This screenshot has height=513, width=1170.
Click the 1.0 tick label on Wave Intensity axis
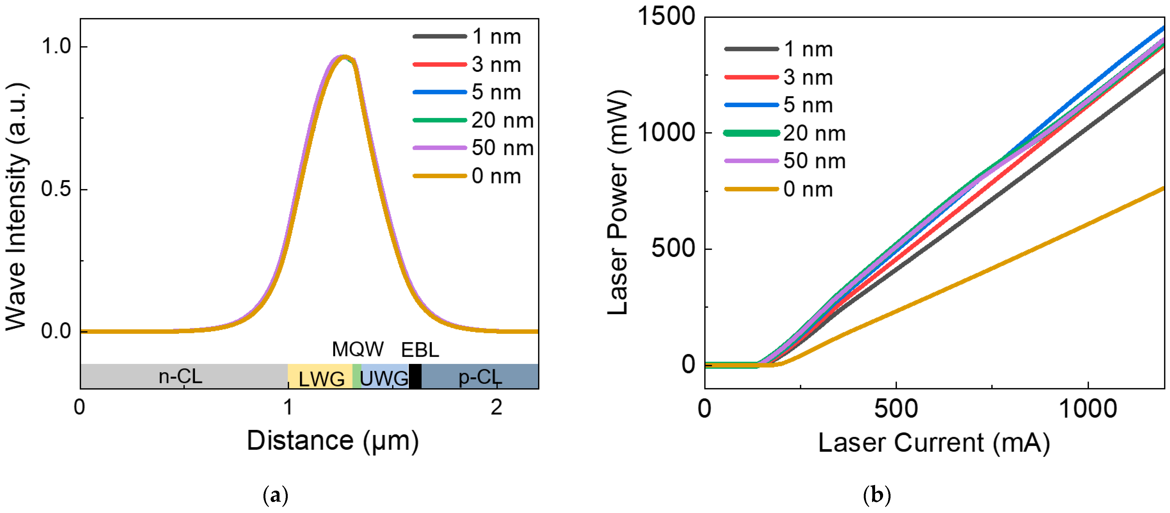[56, 46]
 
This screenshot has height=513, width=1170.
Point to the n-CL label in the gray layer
[180, 376]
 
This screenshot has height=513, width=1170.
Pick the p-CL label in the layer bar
[480, 377]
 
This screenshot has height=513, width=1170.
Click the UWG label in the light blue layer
[384, 378]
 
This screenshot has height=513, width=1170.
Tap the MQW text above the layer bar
[358, 350]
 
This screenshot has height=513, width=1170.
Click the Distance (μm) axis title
[332, 441]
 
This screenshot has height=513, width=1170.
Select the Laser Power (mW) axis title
[618, 202]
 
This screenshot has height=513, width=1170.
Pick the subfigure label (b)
[876, 495]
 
